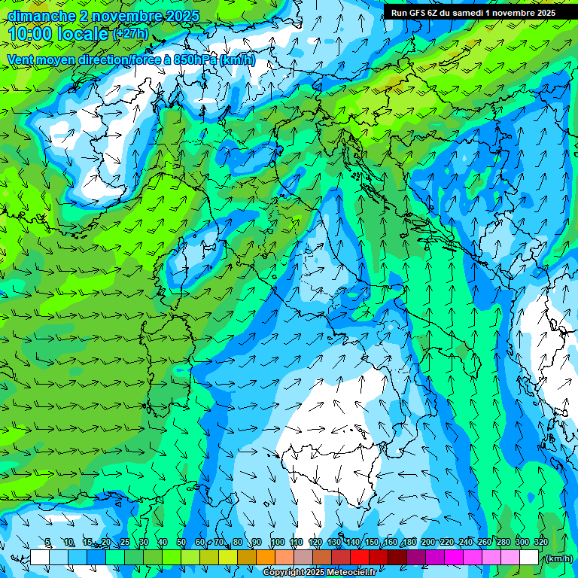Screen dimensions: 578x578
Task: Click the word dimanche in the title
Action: pos(41,16)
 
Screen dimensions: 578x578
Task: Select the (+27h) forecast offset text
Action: pos(130,34)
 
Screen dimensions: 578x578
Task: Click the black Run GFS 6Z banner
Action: pos(473,12)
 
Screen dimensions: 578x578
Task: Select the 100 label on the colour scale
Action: pos(278,542)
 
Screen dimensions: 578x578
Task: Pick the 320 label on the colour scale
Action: pos(541,542)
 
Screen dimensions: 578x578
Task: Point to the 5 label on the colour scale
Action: pos(48,542)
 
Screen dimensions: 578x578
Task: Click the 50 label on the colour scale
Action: pos(181,542)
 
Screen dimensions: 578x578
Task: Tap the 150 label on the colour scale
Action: pos(372,542)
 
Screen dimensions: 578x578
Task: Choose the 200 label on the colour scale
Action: pos(428,542)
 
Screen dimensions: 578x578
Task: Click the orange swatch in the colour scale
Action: pos(265,558)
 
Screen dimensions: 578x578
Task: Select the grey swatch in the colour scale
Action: pos(303,558)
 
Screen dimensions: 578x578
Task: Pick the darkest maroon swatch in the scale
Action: pos(397,558)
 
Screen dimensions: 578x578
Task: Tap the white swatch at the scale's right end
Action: pos(528,558)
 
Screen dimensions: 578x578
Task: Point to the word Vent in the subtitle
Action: pos(21,59)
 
